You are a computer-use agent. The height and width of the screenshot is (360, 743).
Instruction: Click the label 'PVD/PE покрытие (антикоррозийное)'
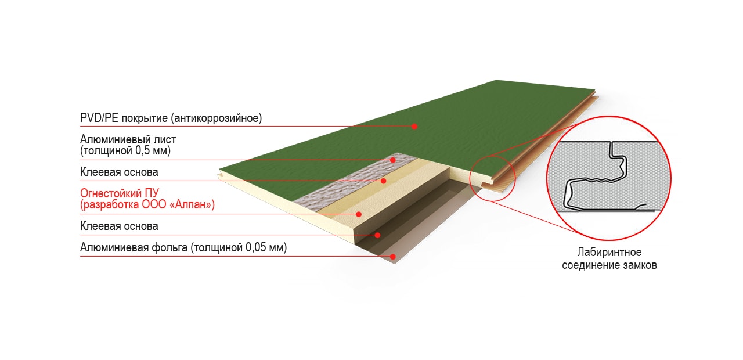click(x=171, y=118)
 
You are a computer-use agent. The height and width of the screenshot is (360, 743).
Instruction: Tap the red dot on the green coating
click(x=414, y=127)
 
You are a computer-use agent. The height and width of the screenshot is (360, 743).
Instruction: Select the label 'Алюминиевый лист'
click(x=128, y=139)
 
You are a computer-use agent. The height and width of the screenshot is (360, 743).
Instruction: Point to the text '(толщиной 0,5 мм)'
click(x=125, y=150)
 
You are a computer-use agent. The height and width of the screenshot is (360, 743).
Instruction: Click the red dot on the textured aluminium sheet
click(x=393, y=160)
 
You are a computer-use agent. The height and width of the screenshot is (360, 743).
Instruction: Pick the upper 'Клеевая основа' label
click(x=119, y=172)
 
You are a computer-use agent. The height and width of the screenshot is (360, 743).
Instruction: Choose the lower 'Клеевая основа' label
click(x=119, y=226)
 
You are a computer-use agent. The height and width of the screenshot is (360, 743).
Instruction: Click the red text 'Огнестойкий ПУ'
click(x=120, y=193)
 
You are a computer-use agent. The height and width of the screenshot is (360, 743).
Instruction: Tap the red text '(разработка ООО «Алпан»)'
click(x=147, y=204)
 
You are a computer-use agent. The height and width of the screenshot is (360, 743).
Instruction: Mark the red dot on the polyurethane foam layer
click(x=359, y=214)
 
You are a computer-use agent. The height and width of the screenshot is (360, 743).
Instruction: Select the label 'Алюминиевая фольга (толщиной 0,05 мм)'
click(x=183, y=247)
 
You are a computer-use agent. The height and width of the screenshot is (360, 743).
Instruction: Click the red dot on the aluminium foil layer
click(x=393, y=257)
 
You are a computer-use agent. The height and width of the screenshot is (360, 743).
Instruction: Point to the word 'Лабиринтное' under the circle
click(x=609, y=252)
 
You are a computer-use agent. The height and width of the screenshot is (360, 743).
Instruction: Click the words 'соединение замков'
click(x=609, y=265)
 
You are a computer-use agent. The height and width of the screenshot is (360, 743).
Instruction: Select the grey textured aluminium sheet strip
click(x=355, y=181)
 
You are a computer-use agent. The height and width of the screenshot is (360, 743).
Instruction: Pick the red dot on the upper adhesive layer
click(x=384, y=181)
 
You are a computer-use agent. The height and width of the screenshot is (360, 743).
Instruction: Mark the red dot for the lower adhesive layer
click(x=377, y=235)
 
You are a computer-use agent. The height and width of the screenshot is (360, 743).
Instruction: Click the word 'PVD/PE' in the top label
click(x=99, y=118)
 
